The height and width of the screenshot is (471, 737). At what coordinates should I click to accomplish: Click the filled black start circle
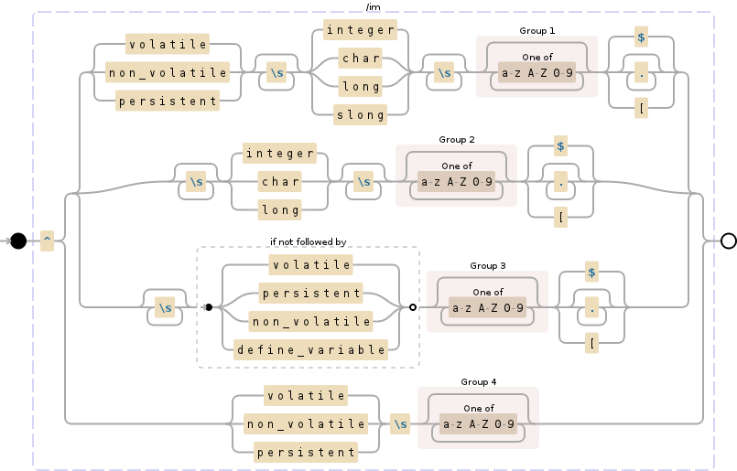pyautogui.click(x=18, y=241)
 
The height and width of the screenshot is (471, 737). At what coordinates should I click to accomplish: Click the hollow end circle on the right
pyautogui.click(x=729, y=241)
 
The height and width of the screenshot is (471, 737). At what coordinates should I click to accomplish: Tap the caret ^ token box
pyautogui.click(x=48, y=241)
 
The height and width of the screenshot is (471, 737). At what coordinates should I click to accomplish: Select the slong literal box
pyautogui.click(x=361, y=114)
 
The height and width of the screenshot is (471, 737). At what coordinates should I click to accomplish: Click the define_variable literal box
pyautogui.click(x=311, y=348)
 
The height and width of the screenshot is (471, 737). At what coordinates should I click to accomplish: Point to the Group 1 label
pyautogui.click(x=536, y=31)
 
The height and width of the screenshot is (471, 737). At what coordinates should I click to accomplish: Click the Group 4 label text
pyautogui.click(x=479, y=381)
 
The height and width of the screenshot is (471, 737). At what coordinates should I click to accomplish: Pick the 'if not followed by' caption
pyautogui.click(x=308, y=241)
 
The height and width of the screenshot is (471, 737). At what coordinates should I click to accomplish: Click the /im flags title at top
pyautogui.click(x=373, y=7)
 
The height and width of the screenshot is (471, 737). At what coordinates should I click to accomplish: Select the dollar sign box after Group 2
pyautogui.click(x=560, y=146)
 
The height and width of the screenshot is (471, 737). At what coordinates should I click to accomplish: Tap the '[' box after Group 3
pyautogui.click(x=592, y=343)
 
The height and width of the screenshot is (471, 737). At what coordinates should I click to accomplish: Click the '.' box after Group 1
pyautogui.click(x=641, y=71)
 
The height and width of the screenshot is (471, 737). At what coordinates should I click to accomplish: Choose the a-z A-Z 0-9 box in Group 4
pyautogui.click(x=479, y=424)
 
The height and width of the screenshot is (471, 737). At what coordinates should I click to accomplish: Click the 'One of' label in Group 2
pyautogui.click(x=457, y=166)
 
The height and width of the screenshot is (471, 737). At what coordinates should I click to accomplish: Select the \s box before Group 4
pyautogui.click(x=400, y=424)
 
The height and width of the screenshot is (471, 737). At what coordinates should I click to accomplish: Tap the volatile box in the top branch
pyautogui.click(x=168, y=44)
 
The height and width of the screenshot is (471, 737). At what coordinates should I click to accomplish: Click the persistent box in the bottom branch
pyautogui.click(x=306, y=452)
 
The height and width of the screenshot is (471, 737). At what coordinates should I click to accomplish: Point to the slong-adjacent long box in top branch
pyautogui.click(x=361, y=87)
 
